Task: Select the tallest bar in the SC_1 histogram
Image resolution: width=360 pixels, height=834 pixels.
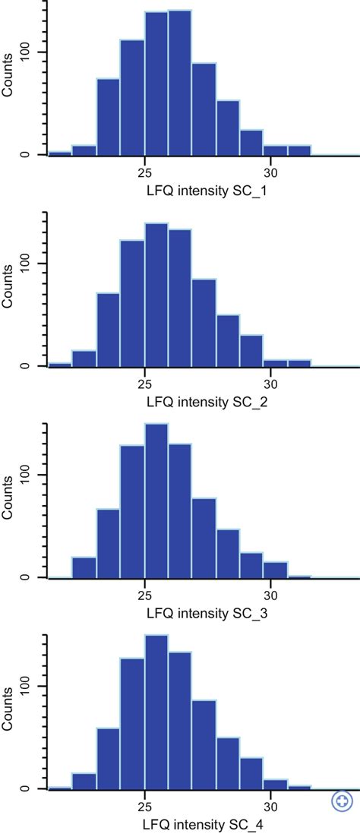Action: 180,84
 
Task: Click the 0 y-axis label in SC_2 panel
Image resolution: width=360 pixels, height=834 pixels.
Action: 33,366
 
